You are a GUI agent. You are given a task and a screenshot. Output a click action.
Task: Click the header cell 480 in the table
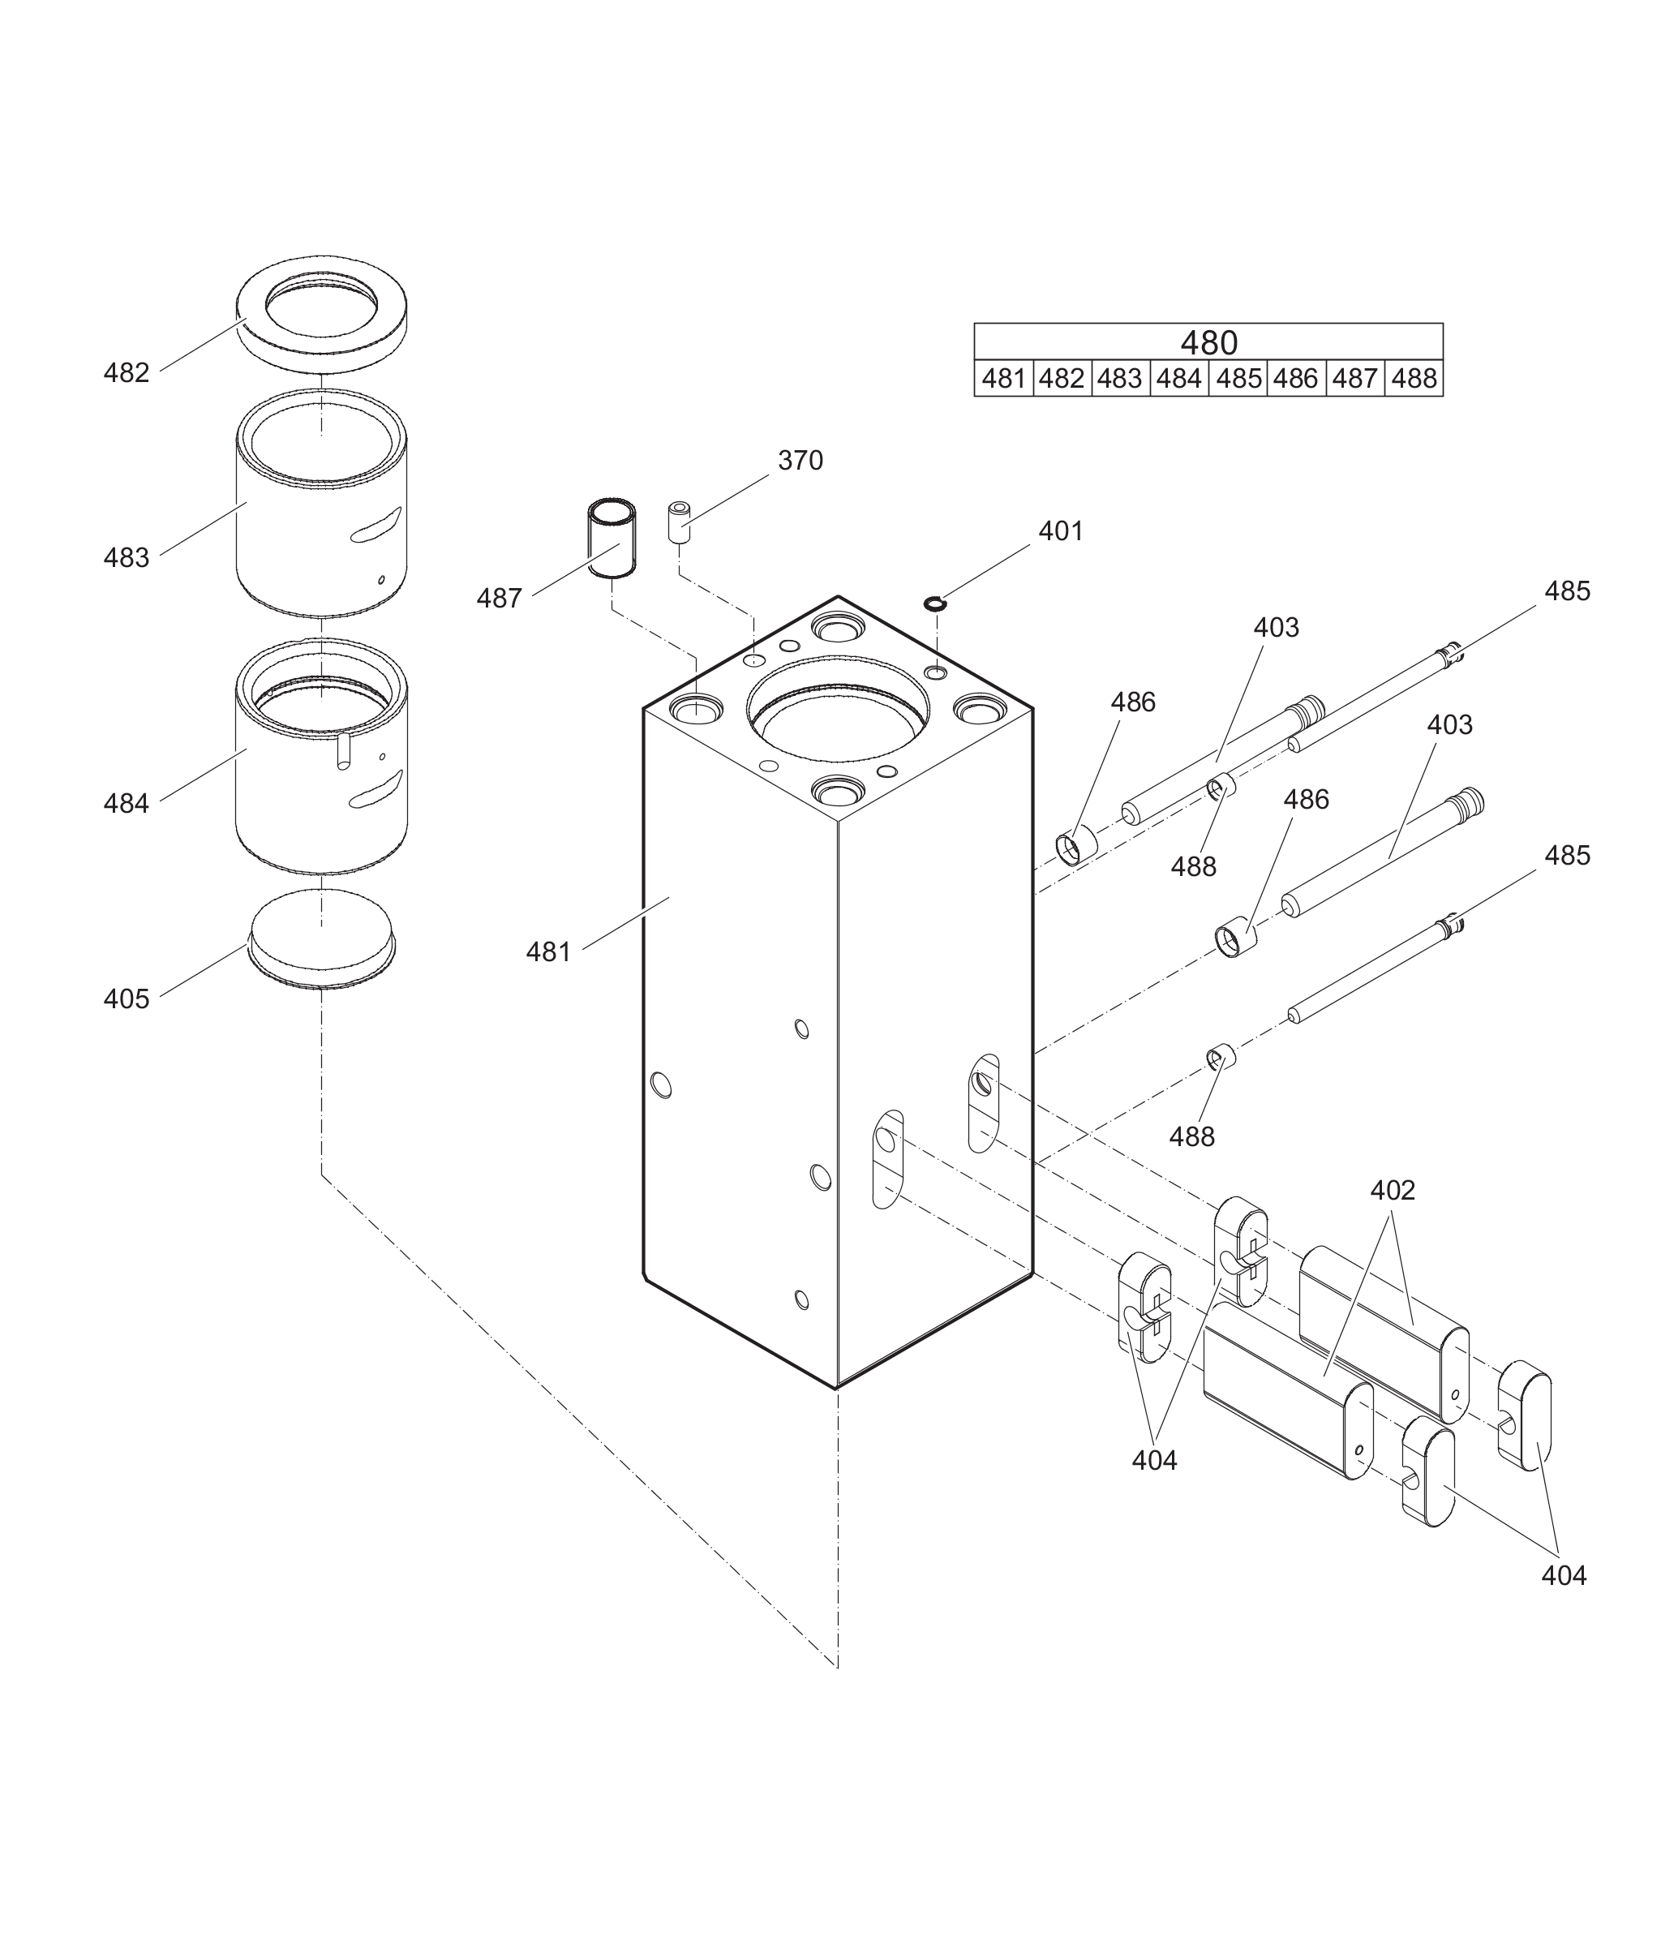(x=1208, y=341)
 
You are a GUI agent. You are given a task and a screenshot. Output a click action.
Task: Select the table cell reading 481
(x=1002, y=379)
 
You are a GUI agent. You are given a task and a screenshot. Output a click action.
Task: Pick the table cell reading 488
(x=1414, y=379)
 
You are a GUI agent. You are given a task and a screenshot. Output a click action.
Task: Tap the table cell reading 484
(x=1179, y=379)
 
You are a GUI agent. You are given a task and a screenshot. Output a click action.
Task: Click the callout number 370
(x=800, y=461)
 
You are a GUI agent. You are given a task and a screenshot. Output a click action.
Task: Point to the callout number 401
(x=1061, y=531)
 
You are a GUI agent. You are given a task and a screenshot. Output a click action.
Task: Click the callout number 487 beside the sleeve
(x=499, y=598)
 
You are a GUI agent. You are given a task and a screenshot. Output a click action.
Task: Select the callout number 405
(x=127, y=999)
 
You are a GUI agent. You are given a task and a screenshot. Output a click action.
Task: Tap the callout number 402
(x=1393, y=1190)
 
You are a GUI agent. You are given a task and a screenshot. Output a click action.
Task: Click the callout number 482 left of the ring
(x=127, y=373)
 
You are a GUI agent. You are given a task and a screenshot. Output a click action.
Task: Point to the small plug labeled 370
(x=679, y=522)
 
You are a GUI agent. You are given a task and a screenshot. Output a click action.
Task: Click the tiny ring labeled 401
(x=934, y=603)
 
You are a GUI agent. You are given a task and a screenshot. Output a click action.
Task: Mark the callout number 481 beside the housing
(x=549, y=952)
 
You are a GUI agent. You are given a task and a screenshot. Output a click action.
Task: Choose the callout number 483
(x=127, y=557)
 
